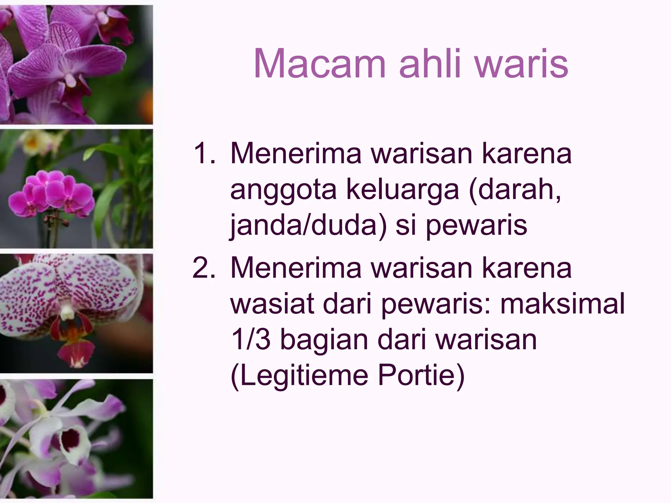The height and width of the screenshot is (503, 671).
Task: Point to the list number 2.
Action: pyautogui.click(x=204, y=268)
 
